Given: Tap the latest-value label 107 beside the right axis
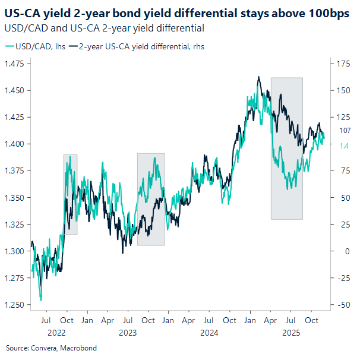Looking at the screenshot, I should [x=345, y=131].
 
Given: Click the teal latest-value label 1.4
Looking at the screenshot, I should [x=344, y=146].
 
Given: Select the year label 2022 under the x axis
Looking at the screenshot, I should [x=56, y=333].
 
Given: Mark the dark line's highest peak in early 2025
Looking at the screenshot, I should [x=258, y=77].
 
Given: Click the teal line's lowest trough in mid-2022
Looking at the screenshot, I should [x=40, y=300].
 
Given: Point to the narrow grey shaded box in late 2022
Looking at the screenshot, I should [x=70, y=194].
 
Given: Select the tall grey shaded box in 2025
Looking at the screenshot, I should [x=287, y=149].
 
